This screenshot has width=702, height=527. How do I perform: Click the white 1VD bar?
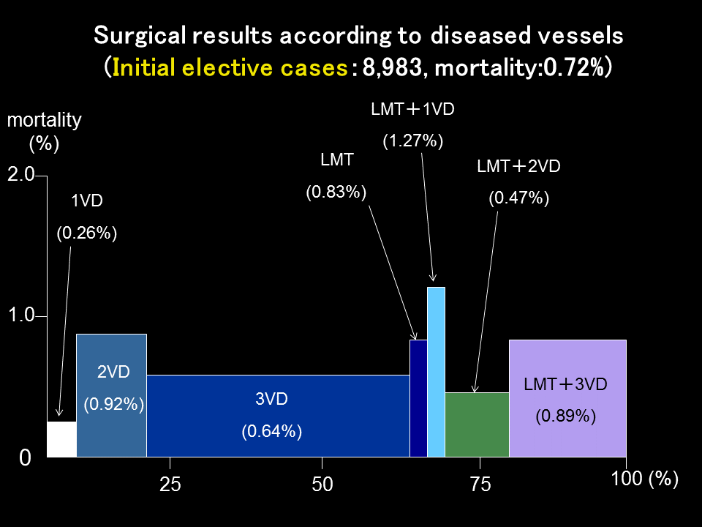[x=61, y=439]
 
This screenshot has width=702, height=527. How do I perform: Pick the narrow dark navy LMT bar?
[x=418, y=398]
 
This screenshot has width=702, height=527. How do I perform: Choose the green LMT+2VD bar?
[x=477, y=425]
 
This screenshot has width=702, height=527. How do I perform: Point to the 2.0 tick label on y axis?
[x=21, y=174]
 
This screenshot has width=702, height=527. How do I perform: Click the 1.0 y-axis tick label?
[x=21, y=315]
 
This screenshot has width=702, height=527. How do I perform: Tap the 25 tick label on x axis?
[x=170, y=484]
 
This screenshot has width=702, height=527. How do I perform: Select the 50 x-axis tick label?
[x=322, y=484]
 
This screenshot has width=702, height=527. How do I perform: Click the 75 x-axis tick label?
[x=480, y=484]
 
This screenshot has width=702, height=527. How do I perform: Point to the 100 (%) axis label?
[x=644, y=479]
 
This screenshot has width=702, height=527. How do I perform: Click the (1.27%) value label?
[x=413, y=141]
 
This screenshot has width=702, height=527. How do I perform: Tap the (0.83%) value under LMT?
[x=336, y=193]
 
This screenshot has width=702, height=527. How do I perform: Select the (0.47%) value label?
[x=518, y=198]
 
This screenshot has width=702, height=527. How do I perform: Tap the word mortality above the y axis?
[x=44, y=119]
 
